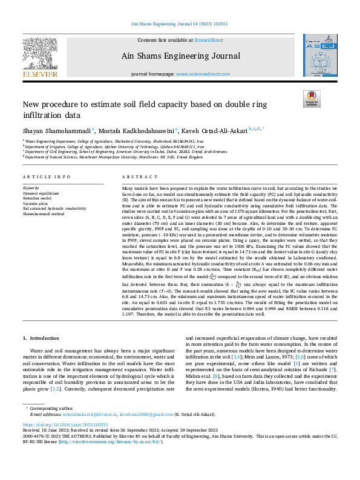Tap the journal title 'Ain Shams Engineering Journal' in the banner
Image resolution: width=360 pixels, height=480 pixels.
tap(181, 56)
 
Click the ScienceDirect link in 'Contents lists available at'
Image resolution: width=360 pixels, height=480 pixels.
tap(208, 41)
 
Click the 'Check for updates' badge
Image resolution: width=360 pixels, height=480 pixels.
tap(311, 99)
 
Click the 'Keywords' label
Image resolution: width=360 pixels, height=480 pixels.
tap(30, 188)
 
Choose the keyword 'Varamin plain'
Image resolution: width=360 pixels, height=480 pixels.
tap(36, 203)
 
